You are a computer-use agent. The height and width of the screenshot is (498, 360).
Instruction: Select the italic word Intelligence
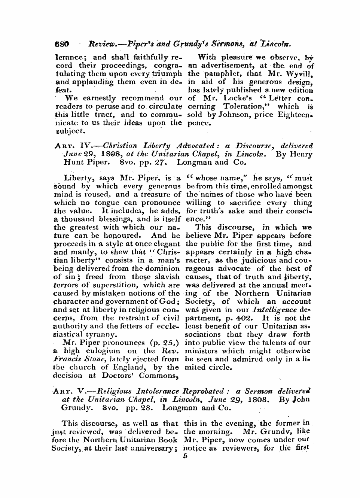point(274,310)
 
